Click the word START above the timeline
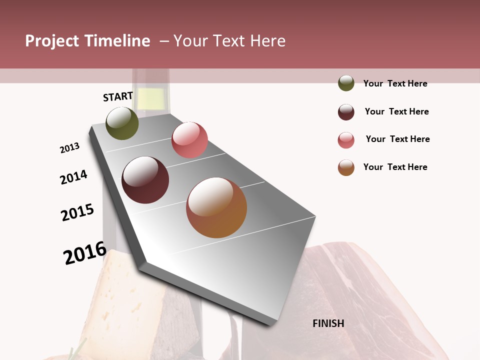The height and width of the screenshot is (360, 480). click(118, 96)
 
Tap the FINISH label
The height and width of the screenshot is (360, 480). click(328, 323)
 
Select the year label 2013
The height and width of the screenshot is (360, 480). click(69, 148)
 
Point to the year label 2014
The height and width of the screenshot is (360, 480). click(73, 177)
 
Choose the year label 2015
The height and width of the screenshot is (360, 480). click(77, 212)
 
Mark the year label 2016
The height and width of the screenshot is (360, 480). click(85, 253)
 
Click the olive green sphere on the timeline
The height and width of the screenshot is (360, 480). click(122, 123)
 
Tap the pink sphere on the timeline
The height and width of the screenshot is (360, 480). click(189, 139)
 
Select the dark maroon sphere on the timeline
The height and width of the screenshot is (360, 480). click(145, 180)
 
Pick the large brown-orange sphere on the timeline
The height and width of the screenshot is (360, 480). click(216, 207)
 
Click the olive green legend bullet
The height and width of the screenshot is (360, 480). click(346, 83)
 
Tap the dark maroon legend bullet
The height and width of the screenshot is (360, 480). click(346, 112)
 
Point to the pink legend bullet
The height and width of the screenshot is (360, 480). click(346, 140)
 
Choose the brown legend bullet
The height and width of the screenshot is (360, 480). click(346, 167)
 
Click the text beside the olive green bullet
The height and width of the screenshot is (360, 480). click(395, 84)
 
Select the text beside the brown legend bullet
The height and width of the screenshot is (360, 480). click(395, 167)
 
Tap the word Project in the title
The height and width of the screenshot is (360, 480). click(51, 41)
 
